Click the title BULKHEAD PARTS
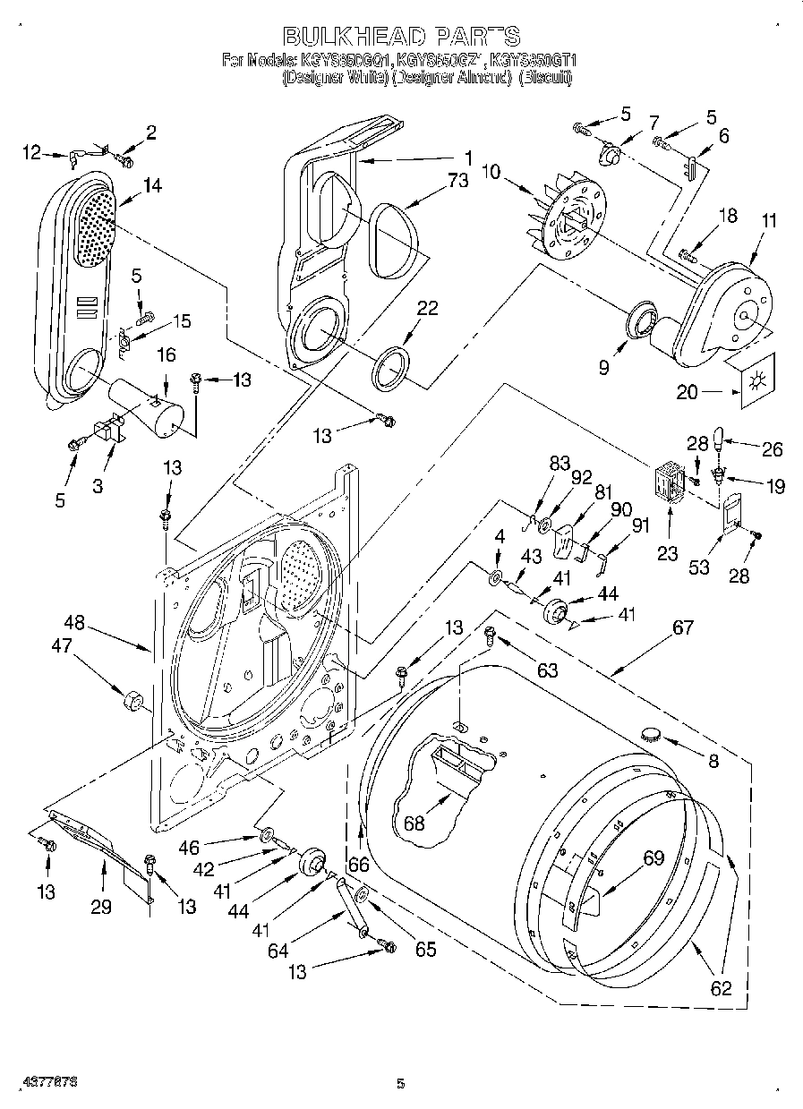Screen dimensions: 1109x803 pos(401,36)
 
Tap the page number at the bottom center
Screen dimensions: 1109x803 pos(401,1084)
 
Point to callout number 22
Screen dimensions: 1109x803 pos(427,307)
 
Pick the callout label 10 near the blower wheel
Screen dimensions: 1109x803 pos(492,171)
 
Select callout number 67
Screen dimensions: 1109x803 pos(683,627)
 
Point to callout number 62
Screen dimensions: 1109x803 pos(720,988)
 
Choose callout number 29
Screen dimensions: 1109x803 pos(100,907)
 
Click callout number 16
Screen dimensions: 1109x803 pos(167,356)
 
